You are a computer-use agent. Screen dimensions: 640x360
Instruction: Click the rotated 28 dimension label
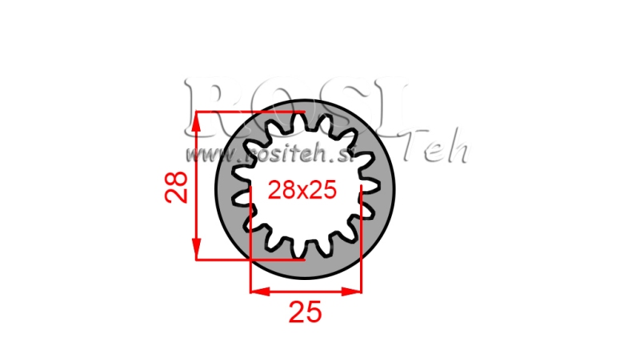pyautogui.click(x=176, y=187)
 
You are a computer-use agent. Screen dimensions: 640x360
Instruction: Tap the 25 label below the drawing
pyautogui.click(x=305, y=312)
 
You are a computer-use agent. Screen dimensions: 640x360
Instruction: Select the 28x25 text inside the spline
pyautogui.click(x=302, y=190)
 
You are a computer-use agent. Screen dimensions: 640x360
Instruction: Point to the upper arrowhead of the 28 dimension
pyautogui.click(x=196, y=122)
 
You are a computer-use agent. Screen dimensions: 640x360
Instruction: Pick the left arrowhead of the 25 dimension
pyautogui.click(x=260, y=291)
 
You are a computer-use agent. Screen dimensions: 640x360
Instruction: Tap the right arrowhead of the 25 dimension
pyautogui.click(x=351, y=291)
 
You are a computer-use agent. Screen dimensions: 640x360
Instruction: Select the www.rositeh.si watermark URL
pyautogui.click(x=270, y=154)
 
